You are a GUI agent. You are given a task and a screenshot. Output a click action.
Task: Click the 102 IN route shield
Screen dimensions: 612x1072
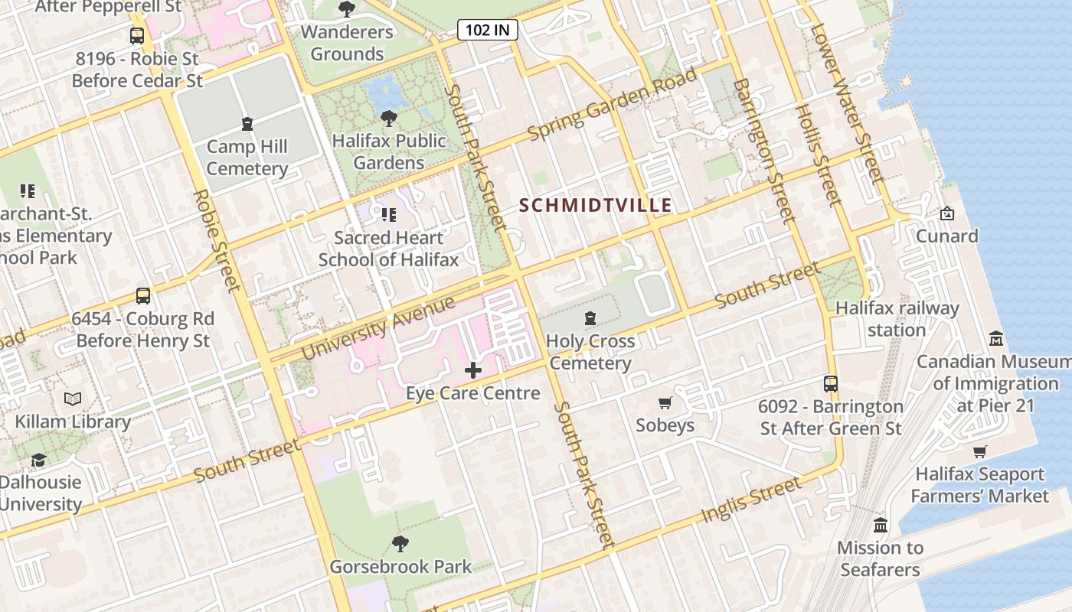(x=488, y=30)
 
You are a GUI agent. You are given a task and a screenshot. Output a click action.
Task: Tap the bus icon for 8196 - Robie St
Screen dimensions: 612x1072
(x=137, y=35)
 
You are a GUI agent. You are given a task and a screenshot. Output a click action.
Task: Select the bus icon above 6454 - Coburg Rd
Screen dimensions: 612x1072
(x=142, y=295)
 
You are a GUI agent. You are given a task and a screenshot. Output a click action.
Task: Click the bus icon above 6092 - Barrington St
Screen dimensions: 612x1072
(x=831, y=383)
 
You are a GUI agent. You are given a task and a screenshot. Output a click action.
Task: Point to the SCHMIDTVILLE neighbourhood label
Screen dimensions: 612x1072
(x=595, y=205)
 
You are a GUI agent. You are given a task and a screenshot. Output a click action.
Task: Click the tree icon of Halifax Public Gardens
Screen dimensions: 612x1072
(x=389, y=118)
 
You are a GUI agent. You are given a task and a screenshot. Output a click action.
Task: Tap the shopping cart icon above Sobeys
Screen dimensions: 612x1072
(x=665, y=402)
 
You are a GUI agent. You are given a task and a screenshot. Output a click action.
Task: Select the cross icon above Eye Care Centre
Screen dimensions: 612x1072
(x=473, y=370)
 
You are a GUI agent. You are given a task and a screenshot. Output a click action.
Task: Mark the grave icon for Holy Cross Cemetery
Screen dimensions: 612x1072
(x=590, y=317)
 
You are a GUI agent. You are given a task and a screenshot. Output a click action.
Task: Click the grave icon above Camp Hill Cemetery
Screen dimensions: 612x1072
(x=247, y=123)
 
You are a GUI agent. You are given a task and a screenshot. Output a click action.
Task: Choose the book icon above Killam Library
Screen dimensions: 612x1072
(x=73, y=399)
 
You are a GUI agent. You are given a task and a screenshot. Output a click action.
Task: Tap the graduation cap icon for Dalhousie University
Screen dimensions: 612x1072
(x=39, y=459)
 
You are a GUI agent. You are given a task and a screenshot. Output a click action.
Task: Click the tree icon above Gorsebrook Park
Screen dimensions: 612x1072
(x=400, y=543)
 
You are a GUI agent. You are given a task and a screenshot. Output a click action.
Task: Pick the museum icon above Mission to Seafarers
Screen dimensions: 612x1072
(x=880, y=525)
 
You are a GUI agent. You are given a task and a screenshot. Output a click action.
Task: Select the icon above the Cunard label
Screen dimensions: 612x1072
(x=947, y=213)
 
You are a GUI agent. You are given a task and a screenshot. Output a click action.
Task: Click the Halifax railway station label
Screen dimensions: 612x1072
(x=897, y=319)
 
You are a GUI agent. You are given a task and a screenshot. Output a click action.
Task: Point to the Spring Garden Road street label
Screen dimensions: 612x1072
(x=613, y=104)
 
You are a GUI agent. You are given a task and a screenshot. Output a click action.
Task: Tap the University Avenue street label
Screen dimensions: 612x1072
(x=378, y=327)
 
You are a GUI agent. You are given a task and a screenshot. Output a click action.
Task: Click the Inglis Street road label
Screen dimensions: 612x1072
(x=751, y=500)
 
